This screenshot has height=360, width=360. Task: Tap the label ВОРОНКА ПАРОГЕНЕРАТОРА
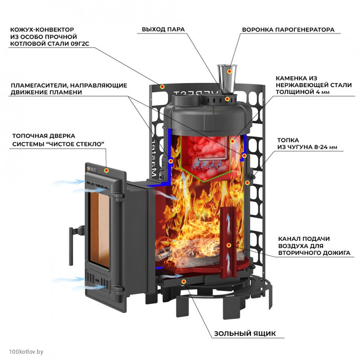(x=288, y=30)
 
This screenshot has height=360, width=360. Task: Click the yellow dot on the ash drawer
(x=183, y=281)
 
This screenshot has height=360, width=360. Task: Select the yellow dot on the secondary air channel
(x=229, y=245)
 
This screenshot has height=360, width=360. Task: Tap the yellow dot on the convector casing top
(x=163, y=86)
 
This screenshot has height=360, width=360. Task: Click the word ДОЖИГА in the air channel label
(x=334, y=253)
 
